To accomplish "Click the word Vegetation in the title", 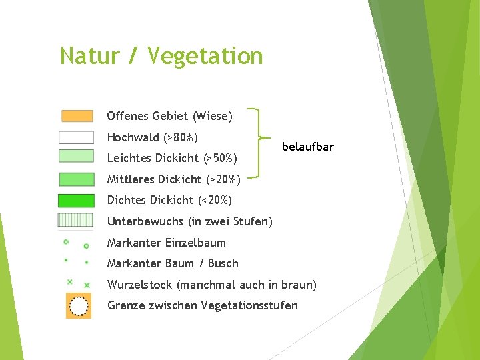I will [x=205, y=56].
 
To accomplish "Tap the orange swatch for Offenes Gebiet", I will [x=77, y=116].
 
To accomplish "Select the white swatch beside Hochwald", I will [x=77, y=137].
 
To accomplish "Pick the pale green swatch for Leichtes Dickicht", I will [x=77, y=157].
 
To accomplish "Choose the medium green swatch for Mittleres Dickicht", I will [x=77, y=179].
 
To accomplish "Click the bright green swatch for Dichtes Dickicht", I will [x=77, y=200].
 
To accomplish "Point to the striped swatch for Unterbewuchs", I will [x=77, y=220].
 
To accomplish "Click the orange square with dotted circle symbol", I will [x=79, y=306].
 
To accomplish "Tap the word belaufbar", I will [x=308, y=147].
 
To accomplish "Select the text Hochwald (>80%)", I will [x=153, y=138].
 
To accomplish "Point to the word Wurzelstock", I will [x=140, y=285].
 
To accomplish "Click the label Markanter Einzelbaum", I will [x=166, y=243].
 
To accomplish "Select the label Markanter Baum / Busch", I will [x=172, y=263].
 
